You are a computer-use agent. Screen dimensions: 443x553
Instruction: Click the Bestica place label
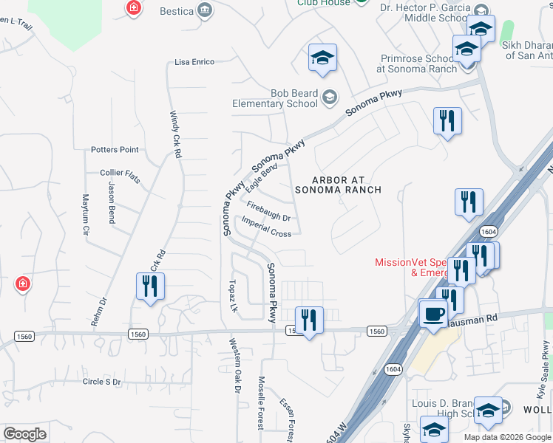pyautogui.click(x=177, y=11)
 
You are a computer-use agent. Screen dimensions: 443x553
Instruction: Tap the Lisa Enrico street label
pyautogui.click(x=194, y=62)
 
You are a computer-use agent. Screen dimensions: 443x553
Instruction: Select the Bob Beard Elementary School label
pyautogui.click(x=284, y=98)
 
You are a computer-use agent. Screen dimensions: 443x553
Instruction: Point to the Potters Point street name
pyautogui.click(x=115, y=149)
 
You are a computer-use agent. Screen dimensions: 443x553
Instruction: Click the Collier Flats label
pyautogui.click(x=120, y=173)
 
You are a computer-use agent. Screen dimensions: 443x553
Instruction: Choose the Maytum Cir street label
pyautogui.click(x=86, y=215)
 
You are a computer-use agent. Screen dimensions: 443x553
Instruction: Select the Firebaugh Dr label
pyautogui.click(x=268, y=212)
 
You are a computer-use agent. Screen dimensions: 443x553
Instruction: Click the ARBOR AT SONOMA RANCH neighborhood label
pyautogui.click(x=337, y=185)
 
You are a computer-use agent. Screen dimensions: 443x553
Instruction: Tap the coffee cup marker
pyautogui.click(x=434, y=313)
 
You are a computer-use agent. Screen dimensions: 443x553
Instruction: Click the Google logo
pyautogui.click(x=24, y=434)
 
